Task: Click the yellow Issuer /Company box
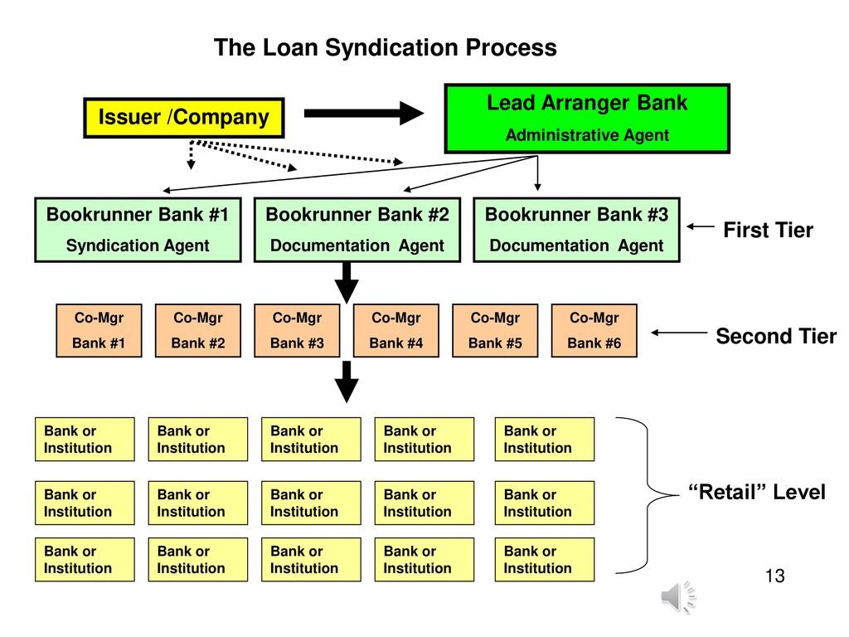[x=183, y=118]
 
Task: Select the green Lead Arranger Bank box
[x=587, y=119]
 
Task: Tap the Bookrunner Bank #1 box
[x=138, y=230]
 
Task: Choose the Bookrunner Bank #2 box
[x=357, y=230]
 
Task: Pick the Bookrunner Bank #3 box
[x=576, y=230]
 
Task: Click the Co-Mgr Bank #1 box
[x=99, y=331]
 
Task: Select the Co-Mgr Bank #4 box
[x=395, y=331]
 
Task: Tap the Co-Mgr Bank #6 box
[x=594, y=331]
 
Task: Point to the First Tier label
[x=768, y=231]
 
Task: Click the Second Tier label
[x=776, y=336]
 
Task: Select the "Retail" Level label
[x=757, y=492]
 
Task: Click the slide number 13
[x=774, y=576]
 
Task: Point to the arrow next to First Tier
[x=701, y=226]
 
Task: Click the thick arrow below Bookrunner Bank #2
[x=347, y=283]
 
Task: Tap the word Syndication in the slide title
[x=381, y=48]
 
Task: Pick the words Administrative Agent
[x=587, y=135]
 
